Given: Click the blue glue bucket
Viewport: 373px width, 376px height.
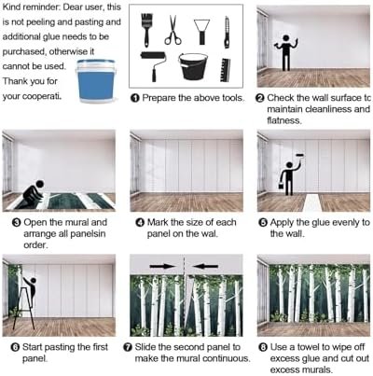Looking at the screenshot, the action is (x=96, y=81).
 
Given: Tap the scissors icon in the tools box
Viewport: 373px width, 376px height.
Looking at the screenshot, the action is (x=173, y=30).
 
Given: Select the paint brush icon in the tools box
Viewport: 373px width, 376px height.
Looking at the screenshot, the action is (x=146, y=30).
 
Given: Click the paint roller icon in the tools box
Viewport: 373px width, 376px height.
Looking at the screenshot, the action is (x=153, y=66).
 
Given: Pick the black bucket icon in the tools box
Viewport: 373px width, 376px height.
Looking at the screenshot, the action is (x=193, y=66).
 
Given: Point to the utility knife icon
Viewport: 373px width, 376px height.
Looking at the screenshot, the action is (x=227, y=33).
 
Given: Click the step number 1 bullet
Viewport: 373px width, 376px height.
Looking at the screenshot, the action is (x=135, y=98).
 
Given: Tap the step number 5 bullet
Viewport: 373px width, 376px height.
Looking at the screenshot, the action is (x=263, y=223).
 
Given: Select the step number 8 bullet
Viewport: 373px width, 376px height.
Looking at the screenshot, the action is (x=263, y=347).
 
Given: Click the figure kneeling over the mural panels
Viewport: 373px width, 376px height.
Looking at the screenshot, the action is (x=34, y=192).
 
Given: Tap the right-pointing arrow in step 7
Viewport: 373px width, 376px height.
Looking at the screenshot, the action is (x=162, y=266).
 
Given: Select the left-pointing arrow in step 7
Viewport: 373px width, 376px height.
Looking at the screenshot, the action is (x=205, y=266).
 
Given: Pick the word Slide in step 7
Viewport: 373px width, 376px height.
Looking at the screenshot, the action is (x=145, y=347).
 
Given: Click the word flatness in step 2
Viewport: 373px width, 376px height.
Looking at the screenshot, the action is (x=284, y=120).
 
